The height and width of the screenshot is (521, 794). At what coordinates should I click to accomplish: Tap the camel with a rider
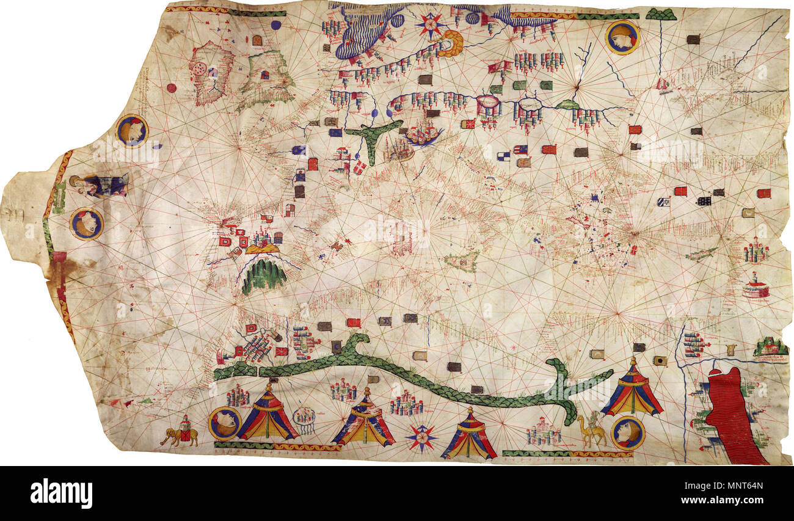click(592, 431)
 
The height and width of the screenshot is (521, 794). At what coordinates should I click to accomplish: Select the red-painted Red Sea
click(732, 415)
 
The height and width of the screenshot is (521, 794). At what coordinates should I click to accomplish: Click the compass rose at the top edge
click(431, 25)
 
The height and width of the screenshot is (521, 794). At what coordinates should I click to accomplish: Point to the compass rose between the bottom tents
click(421, 437)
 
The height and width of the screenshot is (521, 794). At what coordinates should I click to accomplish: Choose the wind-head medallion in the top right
click(622, 37)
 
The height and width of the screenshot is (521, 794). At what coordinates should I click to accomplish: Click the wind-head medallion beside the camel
click(627, 433)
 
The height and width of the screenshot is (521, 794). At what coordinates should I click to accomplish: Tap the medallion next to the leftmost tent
click(224, 423)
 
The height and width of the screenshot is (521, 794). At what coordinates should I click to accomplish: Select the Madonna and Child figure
click(98, 185)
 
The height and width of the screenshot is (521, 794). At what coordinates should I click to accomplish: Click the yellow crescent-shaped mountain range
click(451, 44)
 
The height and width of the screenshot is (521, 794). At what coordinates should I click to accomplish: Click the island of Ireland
click(210, 73)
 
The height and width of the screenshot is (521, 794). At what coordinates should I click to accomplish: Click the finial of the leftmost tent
click(267, 385)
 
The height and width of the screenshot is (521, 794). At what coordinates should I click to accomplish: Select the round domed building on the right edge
click(756, 287)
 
